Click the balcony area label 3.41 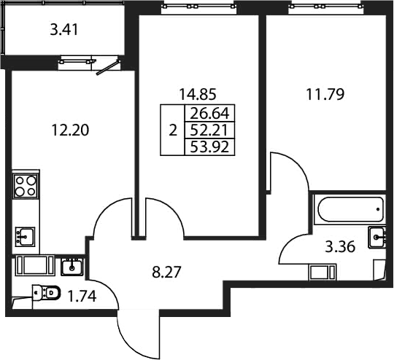[x=64, y=29]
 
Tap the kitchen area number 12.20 [x=70, y=130]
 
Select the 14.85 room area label [x=198, y=95]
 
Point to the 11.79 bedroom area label [x=325, y=95]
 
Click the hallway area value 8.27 [x=166, y=272]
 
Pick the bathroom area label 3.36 [x=340, y=246]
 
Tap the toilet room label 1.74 [x=82, y=296]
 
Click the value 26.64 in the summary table [x=209, y=114]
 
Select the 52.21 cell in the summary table [x=209, y=130]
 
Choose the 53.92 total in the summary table [x=209, y=146]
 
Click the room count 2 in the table [x=173, y=130]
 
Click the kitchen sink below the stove [x=25, y=236]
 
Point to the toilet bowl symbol [x=47, y=292]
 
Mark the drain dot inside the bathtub [x=378, y=209]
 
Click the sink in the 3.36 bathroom [x=376, y=238]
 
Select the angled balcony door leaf [x=108, y=67]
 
